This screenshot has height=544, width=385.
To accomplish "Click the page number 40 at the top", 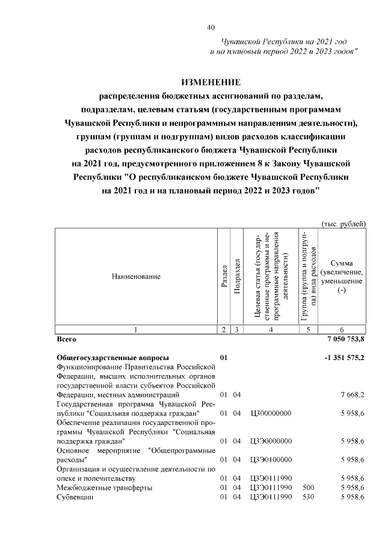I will tap(211, 27).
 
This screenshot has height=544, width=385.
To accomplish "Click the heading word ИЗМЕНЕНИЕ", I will tap(211, 82).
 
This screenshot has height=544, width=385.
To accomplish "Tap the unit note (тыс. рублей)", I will tap(344, 224).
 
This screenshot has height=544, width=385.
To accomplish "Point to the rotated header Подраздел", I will tap(238, 276).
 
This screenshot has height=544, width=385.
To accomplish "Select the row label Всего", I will tap(66, 339).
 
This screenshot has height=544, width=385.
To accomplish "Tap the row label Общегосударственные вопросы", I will tap(112, 358).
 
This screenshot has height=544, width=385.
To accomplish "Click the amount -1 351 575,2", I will tap(343, 358).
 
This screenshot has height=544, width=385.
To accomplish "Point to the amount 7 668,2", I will tap(352, 394).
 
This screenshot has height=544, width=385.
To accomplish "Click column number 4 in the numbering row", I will tap(271, 329).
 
